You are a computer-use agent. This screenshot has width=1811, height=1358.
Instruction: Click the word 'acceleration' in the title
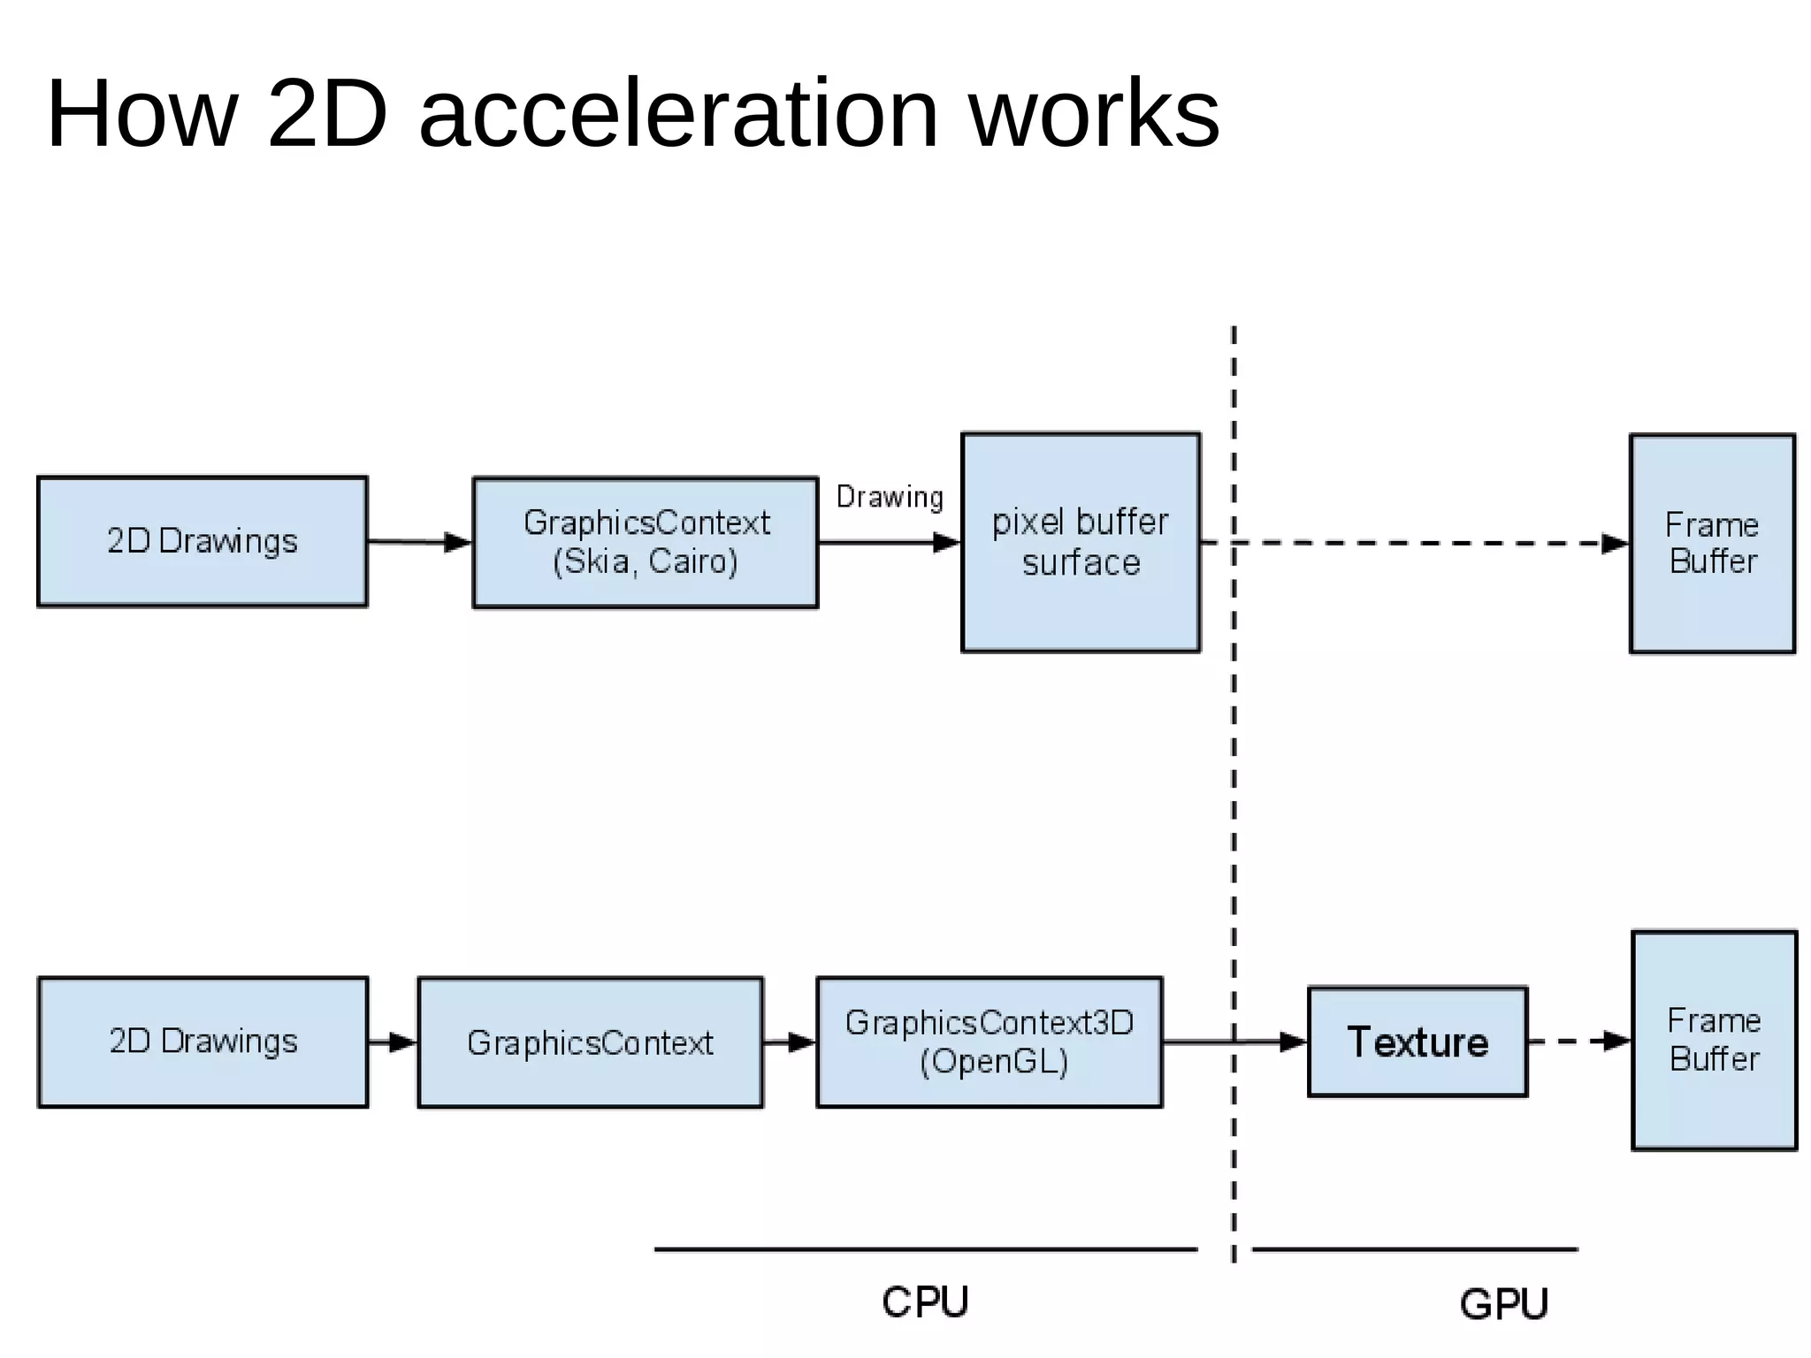(678, 115)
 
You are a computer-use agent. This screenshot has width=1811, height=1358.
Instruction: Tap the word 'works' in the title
(1095, 115)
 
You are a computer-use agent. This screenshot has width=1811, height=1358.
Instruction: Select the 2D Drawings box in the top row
(202, 542)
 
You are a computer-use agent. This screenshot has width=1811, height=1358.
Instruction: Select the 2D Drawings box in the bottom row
(202, 1041)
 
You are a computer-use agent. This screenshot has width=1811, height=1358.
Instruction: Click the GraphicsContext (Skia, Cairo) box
(646, 542)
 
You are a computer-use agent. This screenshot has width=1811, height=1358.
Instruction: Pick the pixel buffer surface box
(1081, 542)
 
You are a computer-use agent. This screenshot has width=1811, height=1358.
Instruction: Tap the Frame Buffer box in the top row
(1712, 543)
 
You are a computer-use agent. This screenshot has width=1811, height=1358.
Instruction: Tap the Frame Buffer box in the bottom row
(1714, 1040)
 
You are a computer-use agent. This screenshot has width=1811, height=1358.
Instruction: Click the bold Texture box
(1417, 1041)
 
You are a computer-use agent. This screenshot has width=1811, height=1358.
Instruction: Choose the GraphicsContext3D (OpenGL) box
(989, 1041)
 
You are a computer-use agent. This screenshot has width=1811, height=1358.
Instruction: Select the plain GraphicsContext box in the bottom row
(590, 1041)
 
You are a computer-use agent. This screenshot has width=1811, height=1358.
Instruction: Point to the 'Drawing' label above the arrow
(890, 497)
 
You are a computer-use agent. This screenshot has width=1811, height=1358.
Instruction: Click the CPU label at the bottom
(925, 1302)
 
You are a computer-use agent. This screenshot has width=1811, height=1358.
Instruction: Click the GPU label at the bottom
(1503, 1304)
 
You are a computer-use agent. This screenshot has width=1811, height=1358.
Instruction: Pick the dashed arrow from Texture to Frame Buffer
(1578, 1041)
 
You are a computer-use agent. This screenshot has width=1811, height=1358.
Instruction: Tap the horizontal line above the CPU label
(925, 1249)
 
